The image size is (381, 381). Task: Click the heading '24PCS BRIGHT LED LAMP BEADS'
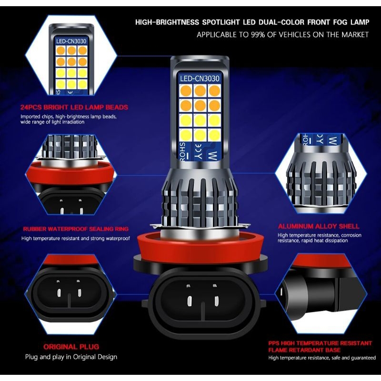click(x=74, y=107)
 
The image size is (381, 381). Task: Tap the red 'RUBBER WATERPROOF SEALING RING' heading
click(x=76, y=229)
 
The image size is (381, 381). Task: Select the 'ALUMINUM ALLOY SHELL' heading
click(x=319, y=226)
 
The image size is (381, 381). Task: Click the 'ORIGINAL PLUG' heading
click(x=71, y=347)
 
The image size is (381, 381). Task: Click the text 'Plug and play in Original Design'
click(x=71, y=357)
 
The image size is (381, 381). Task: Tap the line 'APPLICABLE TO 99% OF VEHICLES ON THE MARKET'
click(x=282, y=35)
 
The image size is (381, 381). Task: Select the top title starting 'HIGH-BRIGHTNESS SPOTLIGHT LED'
click(x=252, y=22)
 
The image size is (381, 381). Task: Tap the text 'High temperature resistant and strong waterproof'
click(x=75, y=238)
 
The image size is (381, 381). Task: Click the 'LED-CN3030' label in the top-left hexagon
click(x=70, y=41)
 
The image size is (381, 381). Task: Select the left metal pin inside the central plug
click(x=189, y=301)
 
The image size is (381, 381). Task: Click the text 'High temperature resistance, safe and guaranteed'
click(x=322, y=358)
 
